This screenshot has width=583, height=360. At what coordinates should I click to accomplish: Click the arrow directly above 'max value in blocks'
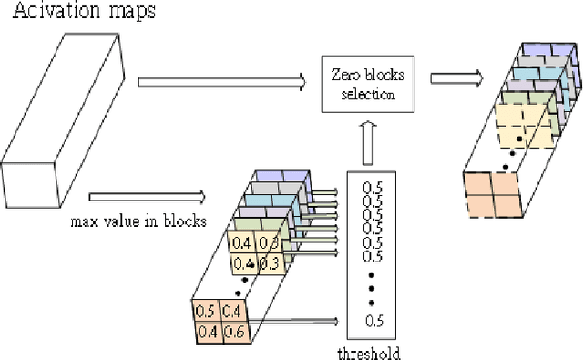[146, 195]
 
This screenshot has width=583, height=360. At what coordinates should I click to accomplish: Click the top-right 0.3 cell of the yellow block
[268, 242]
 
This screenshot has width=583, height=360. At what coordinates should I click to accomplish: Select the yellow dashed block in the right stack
[523, 129]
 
